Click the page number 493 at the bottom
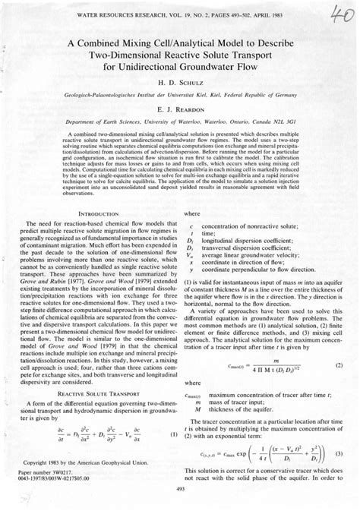[180, 489]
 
